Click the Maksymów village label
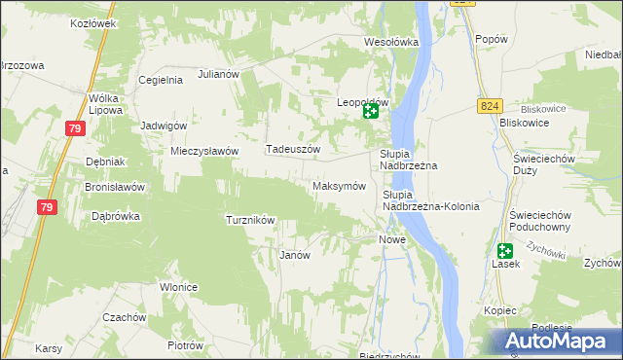(338, 186)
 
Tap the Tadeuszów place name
(293, 150)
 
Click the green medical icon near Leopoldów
(371, 112)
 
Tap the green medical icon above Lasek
(504, 250)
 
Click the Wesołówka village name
(390, 42)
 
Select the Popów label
(492, 39)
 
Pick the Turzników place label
(250, 220)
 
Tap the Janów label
(294, 255)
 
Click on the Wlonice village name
(180, 287)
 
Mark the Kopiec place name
(499, 310)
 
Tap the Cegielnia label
(162, 81)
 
